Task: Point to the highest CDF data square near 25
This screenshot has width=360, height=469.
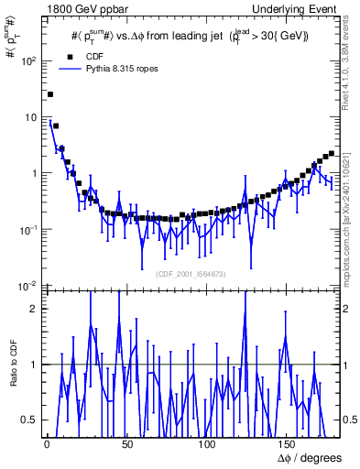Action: [x=50, y=93]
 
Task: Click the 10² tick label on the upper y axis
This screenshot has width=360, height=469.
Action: [x=27, y=61]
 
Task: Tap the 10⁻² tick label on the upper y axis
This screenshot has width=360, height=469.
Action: [x=27, y=286]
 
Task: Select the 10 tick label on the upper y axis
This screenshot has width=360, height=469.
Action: [x=30, y=117]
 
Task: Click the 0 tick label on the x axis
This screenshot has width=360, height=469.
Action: [x=46, y=443]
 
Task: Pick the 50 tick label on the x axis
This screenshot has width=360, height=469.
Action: [x=125, y=443]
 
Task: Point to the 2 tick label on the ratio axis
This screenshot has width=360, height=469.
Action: [x=35, y=309]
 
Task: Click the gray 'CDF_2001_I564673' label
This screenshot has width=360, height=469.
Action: [x=191, y=274]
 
